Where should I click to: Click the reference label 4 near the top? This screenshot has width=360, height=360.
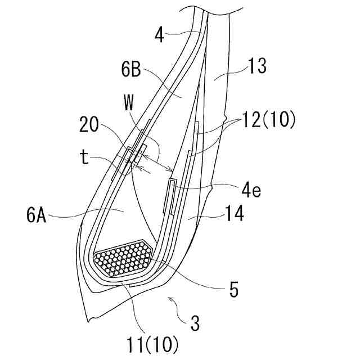pyautogui.click(x=160, y=35)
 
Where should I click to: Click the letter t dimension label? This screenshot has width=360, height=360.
pyautogui.click(x=85, y=157)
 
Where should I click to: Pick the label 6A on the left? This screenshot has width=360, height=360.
pyautogui.click(x=36, y=215)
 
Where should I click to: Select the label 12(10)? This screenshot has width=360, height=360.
pyautogui.click(x=269, y=120)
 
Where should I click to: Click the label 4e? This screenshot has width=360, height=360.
pyautogui.click(x=251, y=190)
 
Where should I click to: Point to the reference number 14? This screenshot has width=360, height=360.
pyautogui.click(x=234, y=213)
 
